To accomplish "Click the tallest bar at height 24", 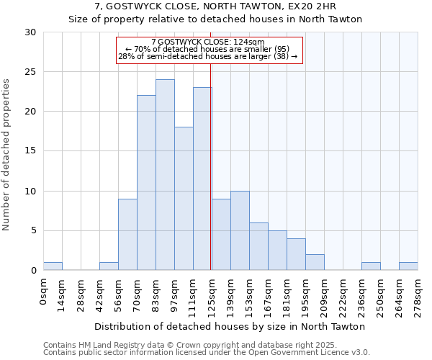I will (165, 175).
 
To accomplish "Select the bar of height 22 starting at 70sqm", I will (146, 183).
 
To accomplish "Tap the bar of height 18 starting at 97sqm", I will (184, 199).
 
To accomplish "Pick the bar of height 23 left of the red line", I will (202, 179).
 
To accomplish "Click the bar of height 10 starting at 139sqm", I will (240, 230).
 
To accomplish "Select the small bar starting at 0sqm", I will (53, 266).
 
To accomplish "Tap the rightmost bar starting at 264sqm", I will (408, 266).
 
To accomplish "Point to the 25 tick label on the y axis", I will (30, 72).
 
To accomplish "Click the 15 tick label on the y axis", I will (30, 151).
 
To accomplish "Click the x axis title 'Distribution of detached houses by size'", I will (230, 326).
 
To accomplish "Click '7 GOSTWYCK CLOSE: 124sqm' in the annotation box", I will (208, 42).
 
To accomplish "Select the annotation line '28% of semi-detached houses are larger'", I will (208, 56).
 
